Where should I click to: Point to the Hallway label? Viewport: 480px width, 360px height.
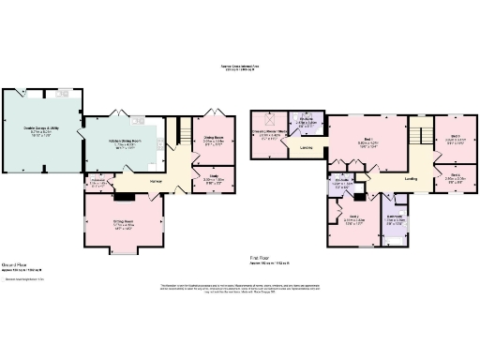pyautogui.click(x=157, y=181)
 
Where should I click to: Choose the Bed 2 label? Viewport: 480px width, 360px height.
pyautogui.click(x=454, y=175)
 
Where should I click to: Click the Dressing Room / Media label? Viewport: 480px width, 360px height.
pyautogui.click(x=270, y=134)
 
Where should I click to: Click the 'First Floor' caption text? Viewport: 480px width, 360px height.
pyautogui.click(x=261, y=256)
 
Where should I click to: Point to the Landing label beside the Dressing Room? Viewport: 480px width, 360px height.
pyautogui.click(x=307, y=147)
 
